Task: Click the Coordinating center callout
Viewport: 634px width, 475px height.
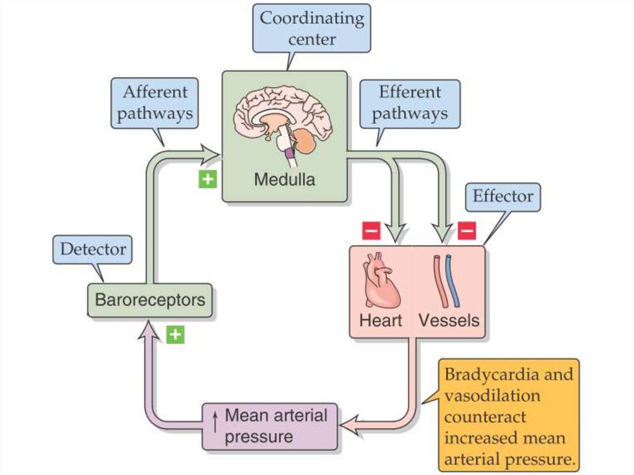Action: tap(311, 28)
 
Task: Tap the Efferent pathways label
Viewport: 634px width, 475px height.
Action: tap(410, 103)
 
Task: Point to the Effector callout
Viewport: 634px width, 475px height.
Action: tap(503, 197)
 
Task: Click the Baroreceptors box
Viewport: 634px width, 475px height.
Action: tap(149, 300)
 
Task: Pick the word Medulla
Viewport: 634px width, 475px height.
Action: tap(284, 180)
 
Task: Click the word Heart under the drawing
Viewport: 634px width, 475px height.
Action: tap(380, 320)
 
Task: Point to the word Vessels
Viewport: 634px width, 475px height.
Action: tap(449, 320)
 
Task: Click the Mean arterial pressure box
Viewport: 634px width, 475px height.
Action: tap(271, 426)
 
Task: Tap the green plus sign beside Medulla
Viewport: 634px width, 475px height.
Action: tap(207, 180)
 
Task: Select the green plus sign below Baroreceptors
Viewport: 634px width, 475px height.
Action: tap(176, 334)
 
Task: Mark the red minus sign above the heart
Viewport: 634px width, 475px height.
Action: tap(371, 231)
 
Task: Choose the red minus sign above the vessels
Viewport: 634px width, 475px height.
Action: tap(467, 231)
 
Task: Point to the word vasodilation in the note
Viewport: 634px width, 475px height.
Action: tap(492, 396)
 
